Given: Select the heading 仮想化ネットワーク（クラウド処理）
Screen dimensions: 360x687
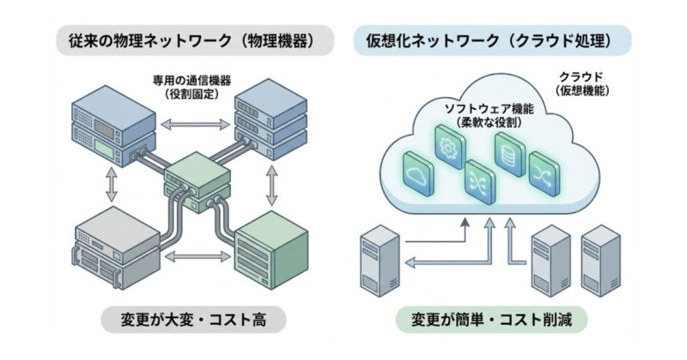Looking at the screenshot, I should pos(493,40).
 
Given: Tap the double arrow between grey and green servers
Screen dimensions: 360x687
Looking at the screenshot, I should pos(190,257).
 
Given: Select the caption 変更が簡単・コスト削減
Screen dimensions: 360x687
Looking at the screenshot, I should pos(493,320).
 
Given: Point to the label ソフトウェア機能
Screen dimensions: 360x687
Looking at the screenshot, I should pos(488,109).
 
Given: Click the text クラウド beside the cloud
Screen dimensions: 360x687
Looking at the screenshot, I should pos(581,76).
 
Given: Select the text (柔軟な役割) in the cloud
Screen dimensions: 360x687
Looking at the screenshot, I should pos(488,123).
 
